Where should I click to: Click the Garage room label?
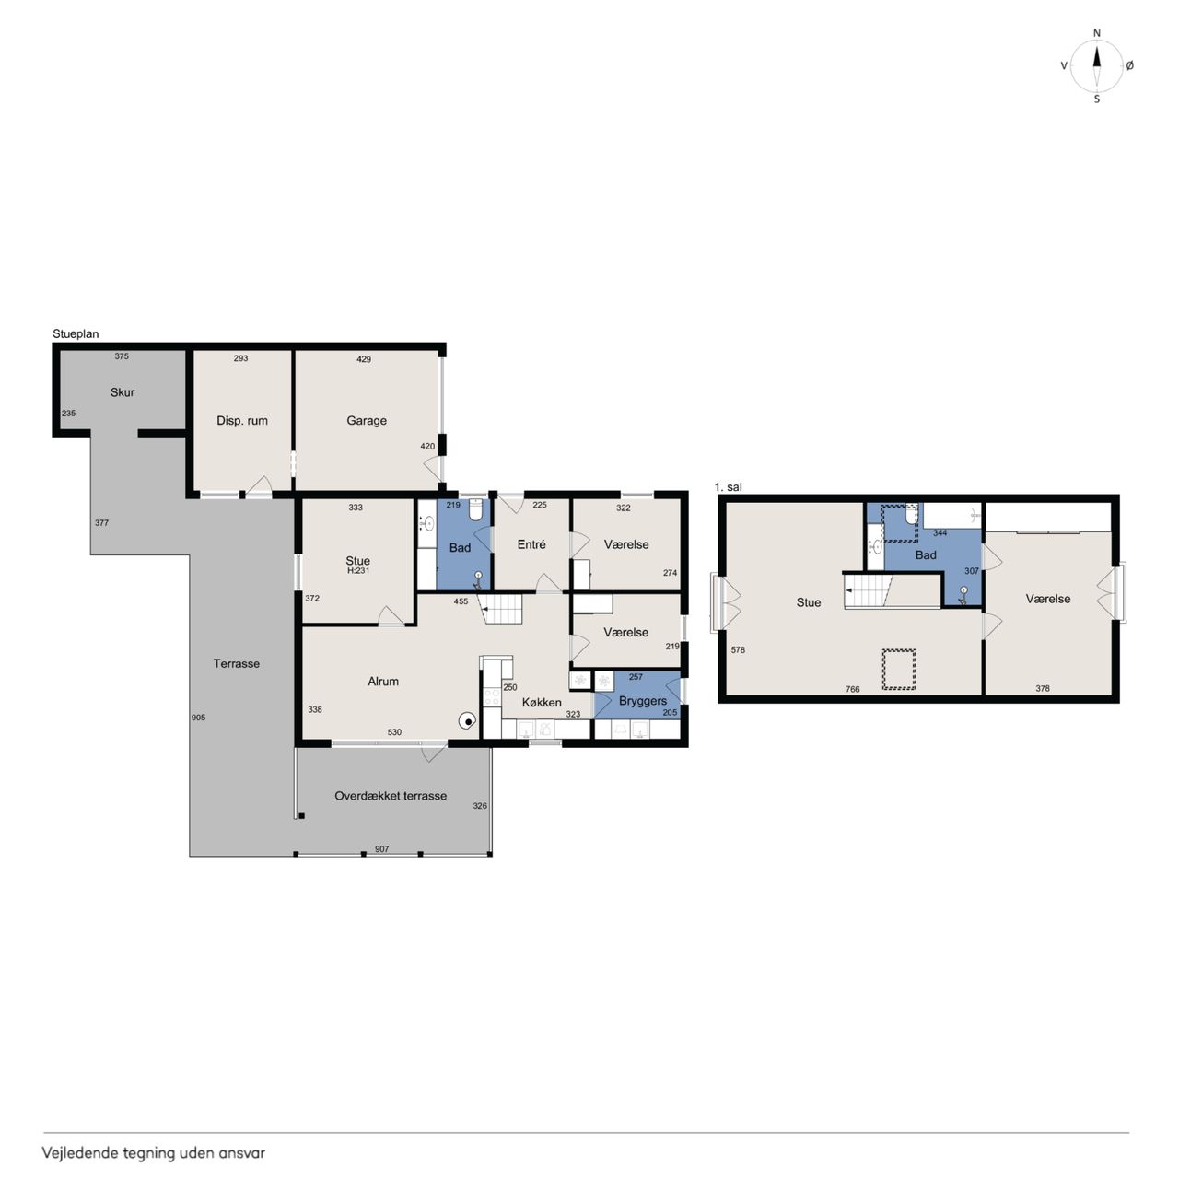[x=367, y=421]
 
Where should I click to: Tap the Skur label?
[x=123, y=392]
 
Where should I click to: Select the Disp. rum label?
[x=242, y=421]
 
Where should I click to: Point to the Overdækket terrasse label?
[x=391, y=796]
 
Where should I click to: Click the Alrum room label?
[x=383, y=681]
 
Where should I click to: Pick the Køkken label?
[x=542, y=703]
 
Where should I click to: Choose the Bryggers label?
[x=642, y=701]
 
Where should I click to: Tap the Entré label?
[x=531, y=544]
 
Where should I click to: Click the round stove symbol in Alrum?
[x=468, y=721]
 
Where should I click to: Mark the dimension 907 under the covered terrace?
[x=381, y=848]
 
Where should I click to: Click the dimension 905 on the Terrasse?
[x=198, y=717]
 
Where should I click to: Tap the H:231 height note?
[x=358, y=570]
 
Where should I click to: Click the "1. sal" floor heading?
[x=728, y=487]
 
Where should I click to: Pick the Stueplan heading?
[x=76, y=334]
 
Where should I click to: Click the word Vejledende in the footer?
[x=80, y=1152]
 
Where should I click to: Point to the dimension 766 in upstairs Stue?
[x=852, y=689]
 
